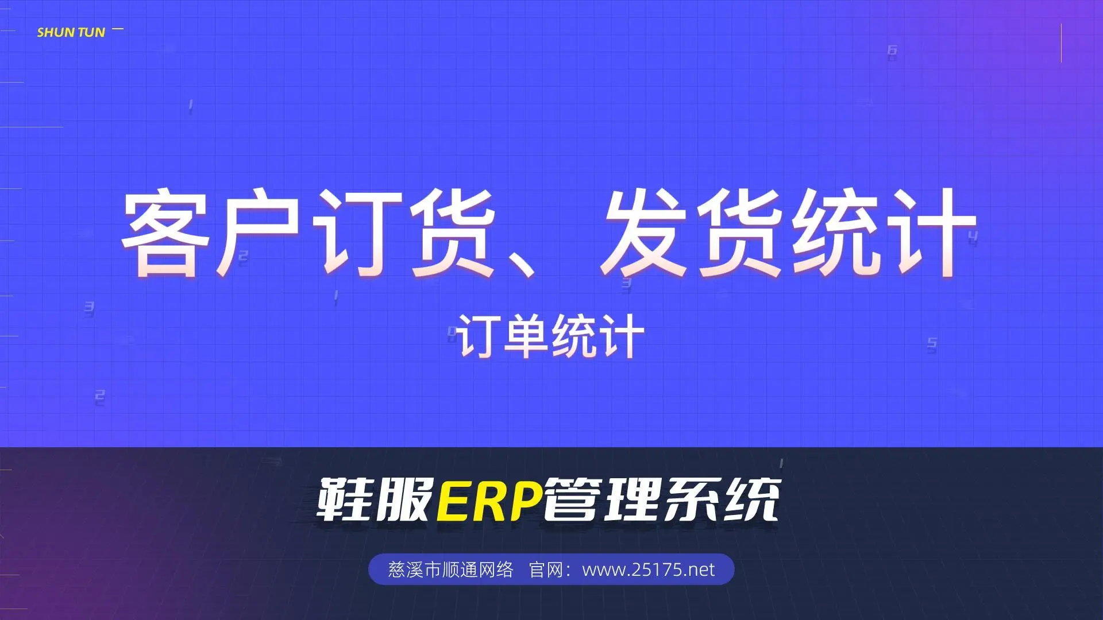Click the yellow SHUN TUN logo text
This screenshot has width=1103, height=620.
point(71,32)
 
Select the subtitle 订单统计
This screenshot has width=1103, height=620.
point(551,336)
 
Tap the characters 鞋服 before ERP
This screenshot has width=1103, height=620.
point(375,499)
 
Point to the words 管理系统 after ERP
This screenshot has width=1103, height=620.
point(661,499)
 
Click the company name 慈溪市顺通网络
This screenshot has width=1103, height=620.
point(451,569)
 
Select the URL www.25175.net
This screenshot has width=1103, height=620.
point(649,569)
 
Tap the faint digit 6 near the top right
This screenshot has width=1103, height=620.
point(892,51)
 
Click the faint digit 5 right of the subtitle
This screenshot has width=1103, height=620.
point(932,344)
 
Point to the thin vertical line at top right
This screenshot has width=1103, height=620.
point(1061,43)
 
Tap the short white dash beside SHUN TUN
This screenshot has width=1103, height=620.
point(118,28)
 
